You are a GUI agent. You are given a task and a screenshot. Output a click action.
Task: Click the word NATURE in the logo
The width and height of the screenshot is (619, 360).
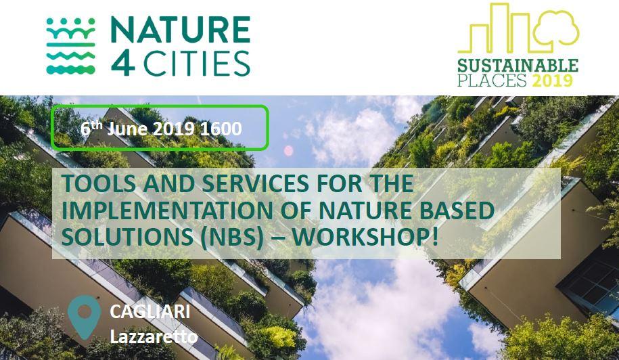tap(181, 30)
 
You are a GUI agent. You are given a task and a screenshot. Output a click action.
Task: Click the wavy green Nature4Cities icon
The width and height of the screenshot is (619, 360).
tap(70, 46)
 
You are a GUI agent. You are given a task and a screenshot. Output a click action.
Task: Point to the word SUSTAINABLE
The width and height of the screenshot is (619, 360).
tap(518, 66)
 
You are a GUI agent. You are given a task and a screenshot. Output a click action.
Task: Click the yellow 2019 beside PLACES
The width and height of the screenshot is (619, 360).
tap(552, 81)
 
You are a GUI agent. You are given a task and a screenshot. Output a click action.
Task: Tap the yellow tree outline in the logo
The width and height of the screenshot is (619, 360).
tap(556, 28)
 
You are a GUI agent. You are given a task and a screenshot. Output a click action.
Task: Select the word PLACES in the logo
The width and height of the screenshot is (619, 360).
tap(492, 81)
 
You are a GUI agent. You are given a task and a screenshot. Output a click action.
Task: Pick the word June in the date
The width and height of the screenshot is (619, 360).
tap(122, 129)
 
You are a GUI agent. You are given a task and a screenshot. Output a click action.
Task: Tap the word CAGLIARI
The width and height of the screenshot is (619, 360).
tap(150, 312)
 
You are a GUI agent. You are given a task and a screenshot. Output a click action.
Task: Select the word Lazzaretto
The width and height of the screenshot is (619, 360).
tap(154, 337)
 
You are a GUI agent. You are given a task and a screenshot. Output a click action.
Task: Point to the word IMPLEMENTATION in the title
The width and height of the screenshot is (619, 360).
tap(167, 210)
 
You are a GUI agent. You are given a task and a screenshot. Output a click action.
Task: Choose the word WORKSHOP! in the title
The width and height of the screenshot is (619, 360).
tap(365, 238)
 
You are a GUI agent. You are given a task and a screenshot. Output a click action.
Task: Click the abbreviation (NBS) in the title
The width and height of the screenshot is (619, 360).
tap(231, 238)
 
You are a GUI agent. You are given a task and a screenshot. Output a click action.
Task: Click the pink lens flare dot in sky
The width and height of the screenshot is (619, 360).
tap(289, 150)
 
